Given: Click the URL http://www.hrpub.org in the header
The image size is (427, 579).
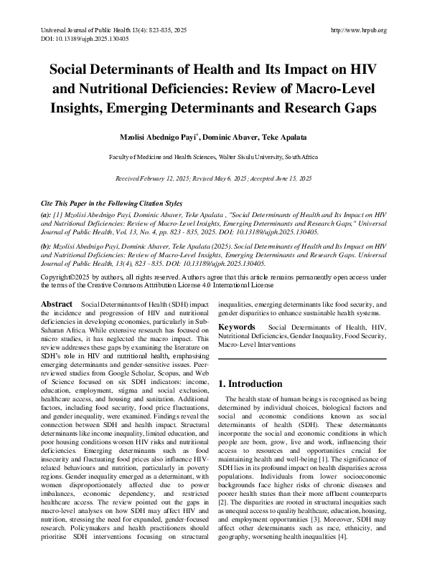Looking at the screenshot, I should click(357, 30).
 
